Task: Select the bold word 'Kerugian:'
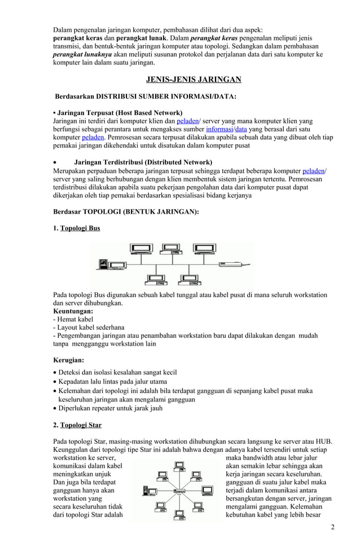68,359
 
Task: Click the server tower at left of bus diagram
103,264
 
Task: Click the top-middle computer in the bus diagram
168,249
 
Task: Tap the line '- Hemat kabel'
74,319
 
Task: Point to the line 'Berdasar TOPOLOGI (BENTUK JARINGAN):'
125,211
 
